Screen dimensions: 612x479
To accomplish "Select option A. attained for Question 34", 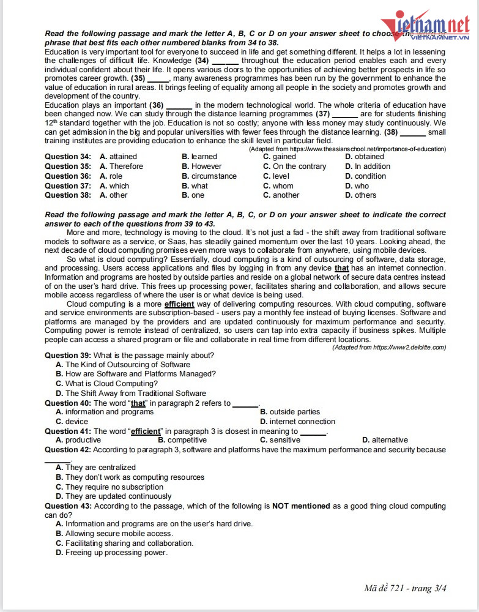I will (119, 157).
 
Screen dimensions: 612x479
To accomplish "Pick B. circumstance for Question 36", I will (209, 176).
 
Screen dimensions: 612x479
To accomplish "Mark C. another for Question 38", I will (281, 195).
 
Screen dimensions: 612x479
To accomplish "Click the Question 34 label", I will (68, 157).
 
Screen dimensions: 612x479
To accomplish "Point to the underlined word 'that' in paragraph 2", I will (342, 269).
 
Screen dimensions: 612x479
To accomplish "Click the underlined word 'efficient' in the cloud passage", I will (179, 304).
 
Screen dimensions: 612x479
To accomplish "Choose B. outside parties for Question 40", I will (290, 412).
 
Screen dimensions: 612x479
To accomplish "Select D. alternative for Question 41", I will (385, 440).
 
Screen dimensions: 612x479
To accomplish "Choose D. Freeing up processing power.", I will (111, 553).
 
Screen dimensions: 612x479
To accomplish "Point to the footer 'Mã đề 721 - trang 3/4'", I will (406, 589).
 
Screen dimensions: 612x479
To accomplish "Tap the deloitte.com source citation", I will (389, 348).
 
